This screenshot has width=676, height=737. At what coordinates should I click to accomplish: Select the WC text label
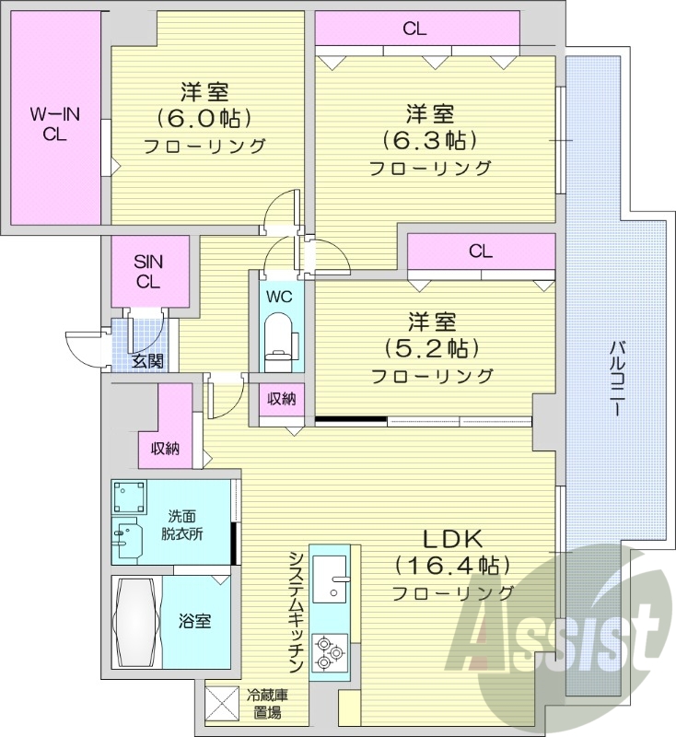point(279,298)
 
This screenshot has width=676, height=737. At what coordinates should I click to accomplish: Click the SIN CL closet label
point(148,272)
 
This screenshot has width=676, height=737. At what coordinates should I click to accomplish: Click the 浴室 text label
point(195,621)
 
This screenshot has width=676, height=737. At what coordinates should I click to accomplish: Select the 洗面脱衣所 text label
point(185,525)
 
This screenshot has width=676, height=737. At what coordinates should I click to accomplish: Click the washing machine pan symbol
point(130,498)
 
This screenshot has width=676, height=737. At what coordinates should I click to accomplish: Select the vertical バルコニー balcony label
point(614,378)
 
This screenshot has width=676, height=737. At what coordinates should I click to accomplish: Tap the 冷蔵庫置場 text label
point(266,704)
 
